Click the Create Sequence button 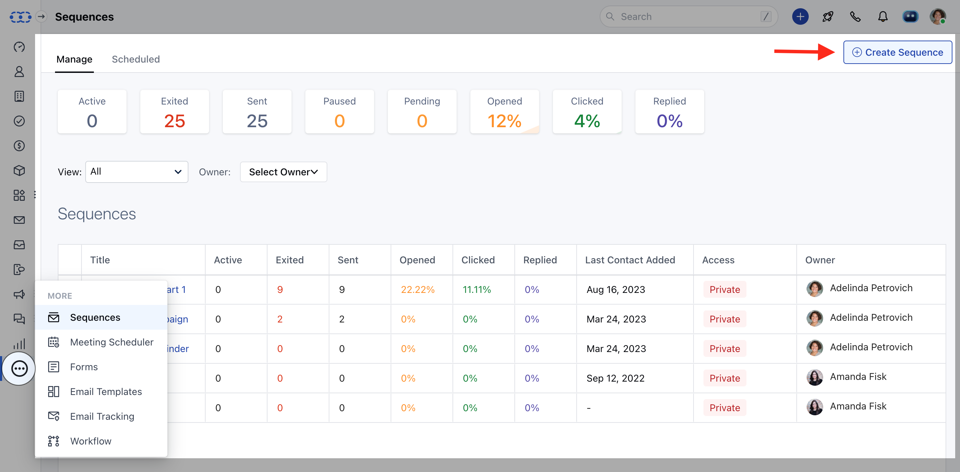[x=897, y=53]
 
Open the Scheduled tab [x=136, y=59]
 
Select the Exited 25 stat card [x=174, y=112]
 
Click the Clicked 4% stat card [x=587, y=112]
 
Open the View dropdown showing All [x=137, y=172]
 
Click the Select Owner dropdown [x=283, y=172]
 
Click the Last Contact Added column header [x=630, y=260]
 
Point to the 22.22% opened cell [x=417, y=289]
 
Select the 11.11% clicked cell [x=477, y=289]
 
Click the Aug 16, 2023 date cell [x=616, y=289]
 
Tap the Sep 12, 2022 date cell [x=615, y=378]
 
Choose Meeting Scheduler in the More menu [x=111, y=342]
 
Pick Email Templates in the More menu [x=106, y=392]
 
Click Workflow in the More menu [x=90, y=441]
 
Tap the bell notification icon [x=883, y=17]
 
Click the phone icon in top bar [x=855, y=17]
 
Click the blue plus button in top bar [x=800, y=17]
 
